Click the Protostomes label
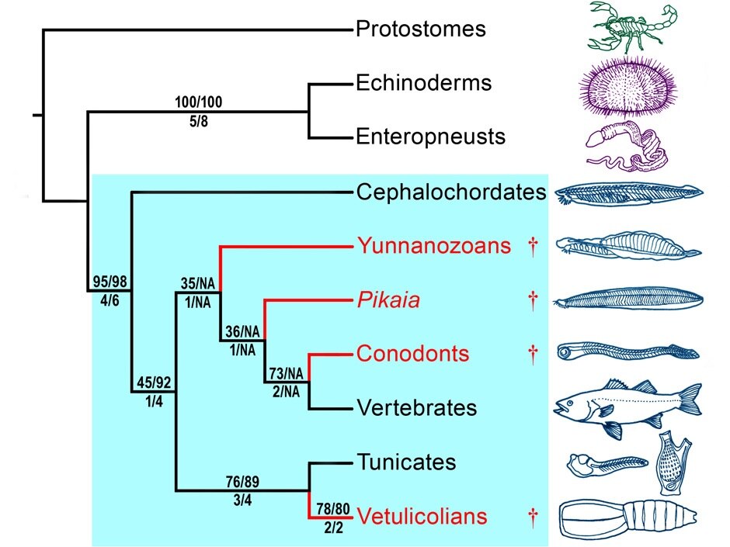point(420,29)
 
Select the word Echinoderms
point(423,83)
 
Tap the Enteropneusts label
point(430,137)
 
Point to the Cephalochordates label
point(450,192)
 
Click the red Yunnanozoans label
point(434,246)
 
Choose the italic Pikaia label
point(388,299)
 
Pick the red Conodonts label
point(413,354)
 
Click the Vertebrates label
point(416,407)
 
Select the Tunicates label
point(405,462)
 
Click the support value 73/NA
point(287,372)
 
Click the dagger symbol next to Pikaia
point(533,299)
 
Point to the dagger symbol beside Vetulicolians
point(533,516)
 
